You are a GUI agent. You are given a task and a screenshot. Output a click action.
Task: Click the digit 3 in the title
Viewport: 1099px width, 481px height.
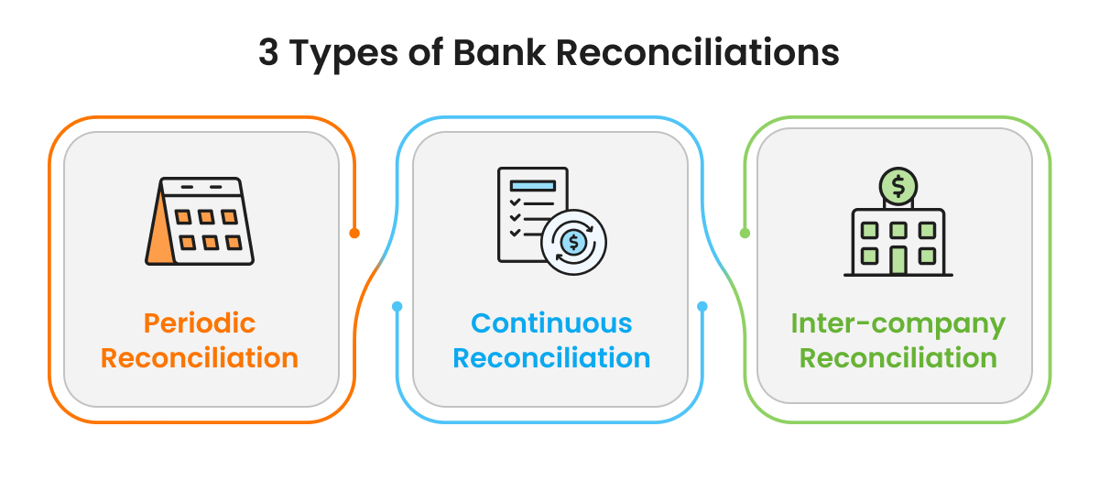(268, 53)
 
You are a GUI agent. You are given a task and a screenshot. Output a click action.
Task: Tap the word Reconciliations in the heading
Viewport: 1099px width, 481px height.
(697, 53)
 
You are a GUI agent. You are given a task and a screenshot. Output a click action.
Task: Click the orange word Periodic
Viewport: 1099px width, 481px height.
(199, 323)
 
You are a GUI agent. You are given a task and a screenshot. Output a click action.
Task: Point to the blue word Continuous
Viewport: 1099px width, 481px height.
(551, 323)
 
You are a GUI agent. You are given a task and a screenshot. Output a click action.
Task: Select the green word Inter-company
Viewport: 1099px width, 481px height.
(898, 324)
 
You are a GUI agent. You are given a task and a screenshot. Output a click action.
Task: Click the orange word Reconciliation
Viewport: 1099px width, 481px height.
(199, 357)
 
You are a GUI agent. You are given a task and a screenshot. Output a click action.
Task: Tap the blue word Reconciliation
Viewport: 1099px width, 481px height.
(551, 357)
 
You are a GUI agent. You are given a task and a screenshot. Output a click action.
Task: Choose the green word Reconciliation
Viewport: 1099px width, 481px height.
(898, 357)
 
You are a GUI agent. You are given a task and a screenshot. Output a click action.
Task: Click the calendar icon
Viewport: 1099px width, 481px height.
(200, 222)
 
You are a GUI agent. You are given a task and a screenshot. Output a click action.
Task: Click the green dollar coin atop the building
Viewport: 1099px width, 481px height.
(898, 186)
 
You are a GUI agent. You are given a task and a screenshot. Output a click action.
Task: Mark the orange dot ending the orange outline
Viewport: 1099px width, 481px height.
(354, 233)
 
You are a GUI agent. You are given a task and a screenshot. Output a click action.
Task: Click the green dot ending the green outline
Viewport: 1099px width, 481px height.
(745, 233)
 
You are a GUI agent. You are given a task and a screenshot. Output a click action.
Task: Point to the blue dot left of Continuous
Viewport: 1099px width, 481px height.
(397, 306)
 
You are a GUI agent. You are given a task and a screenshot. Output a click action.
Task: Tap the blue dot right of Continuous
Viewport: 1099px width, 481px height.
(702, 306)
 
